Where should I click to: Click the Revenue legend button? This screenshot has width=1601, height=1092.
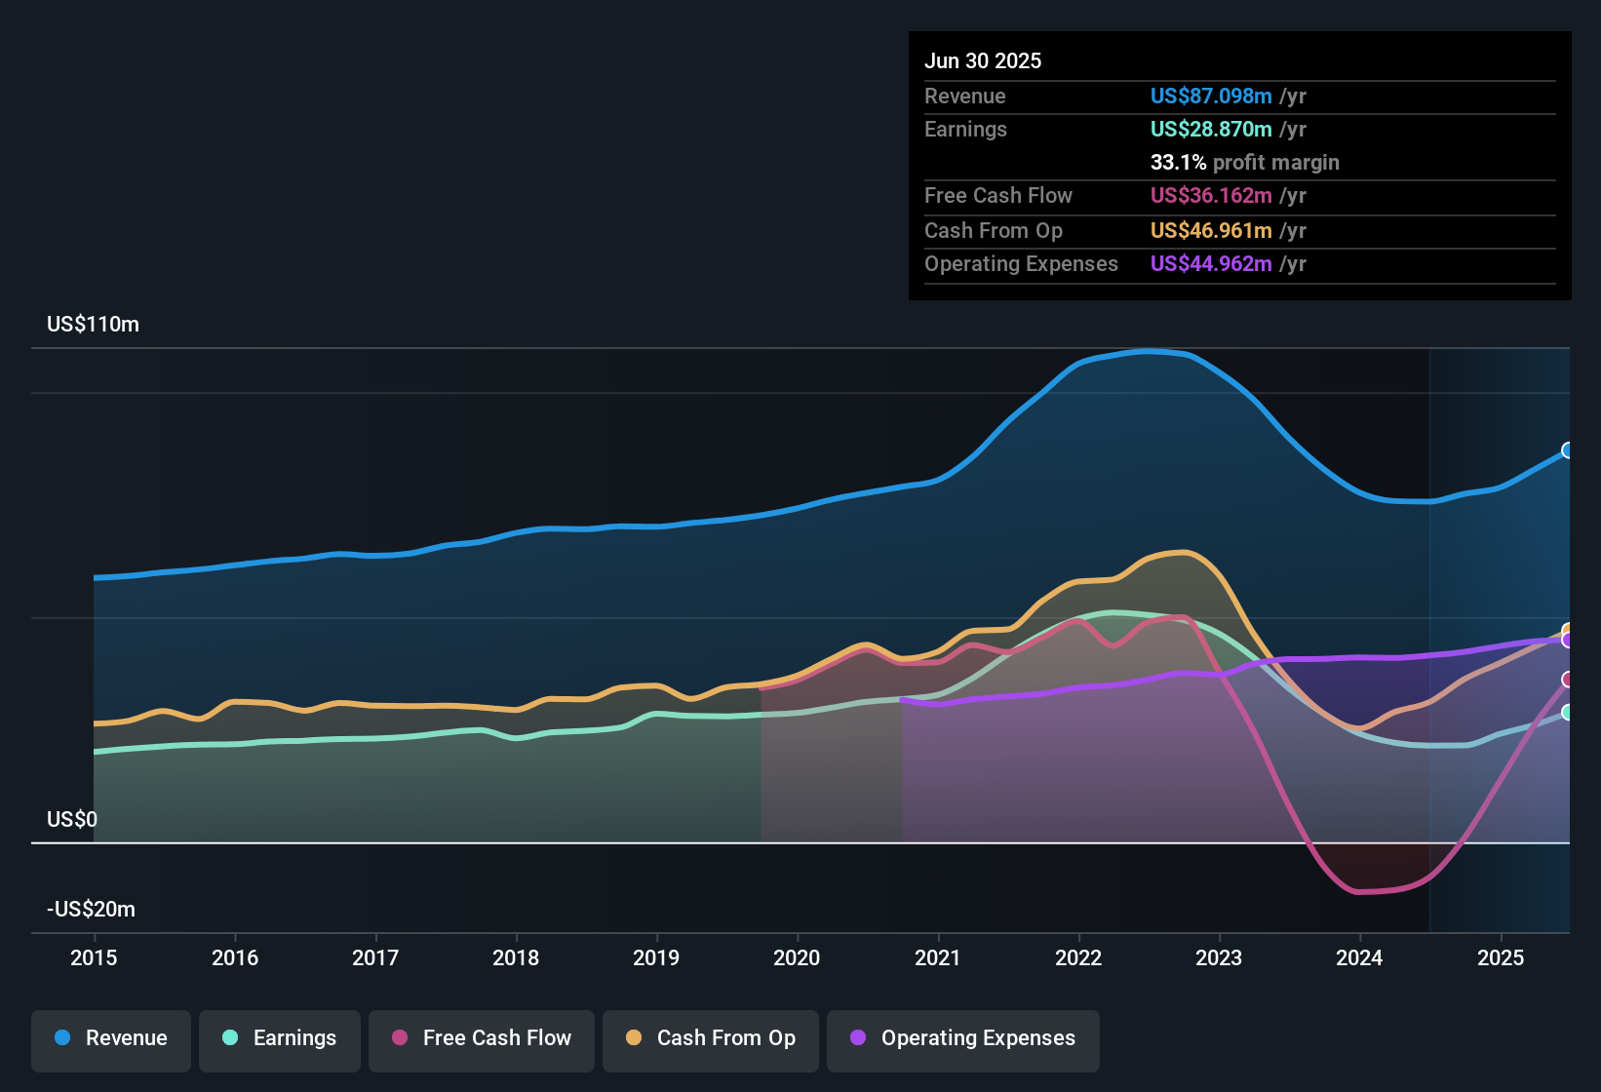click(111, 1038)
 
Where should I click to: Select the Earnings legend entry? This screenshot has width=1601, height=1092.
click(280, 1038)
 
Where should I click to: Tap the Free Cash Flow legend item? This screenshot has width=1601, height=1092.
click(482, 1038)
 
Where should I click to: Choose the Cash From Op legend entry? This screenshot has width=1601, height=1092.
click(711, 1038)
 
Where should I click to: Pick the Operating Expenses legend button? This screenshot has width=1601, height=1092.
click(963, 1038)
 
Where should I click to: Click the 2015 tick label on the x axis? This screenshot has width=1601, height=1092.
click(94, 957)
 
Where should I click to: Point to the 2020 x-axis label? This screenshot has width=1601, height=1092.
click(797, 957)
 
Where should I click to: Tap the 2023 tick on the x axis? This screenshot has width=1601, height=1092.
click(1219, 957)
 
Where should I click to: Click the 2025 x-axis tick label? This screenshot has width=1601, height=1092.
click(1500, 957)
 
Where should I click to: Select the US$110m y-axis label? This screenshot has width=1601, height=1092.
click(93, 325)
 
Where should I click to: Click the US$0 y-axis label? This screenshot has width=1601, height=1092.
click(72, 819)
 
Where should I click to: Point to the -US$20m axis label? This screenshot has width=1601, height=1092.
click(91, 910)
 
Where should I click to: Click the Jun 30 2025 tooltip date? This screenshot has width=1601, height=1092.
click(983, 61)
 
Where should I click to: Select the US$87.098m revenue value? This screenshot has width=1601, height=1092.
click(1211, 97)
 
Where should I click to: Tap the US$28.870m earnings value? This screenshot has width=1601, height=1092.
click(1211, 130)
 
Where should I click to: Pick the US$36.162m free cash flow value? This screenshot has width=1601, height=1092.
click(1211, 196)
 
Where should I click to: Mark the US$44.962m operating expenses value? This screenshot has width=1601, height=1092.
click(1211, 264)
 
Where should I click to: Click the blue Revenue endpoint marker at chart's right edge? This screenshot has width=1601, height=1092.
click(1568, 450)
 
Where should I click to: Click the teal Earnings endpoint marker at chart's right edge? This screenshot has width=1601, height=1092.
click(1568, 713)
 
